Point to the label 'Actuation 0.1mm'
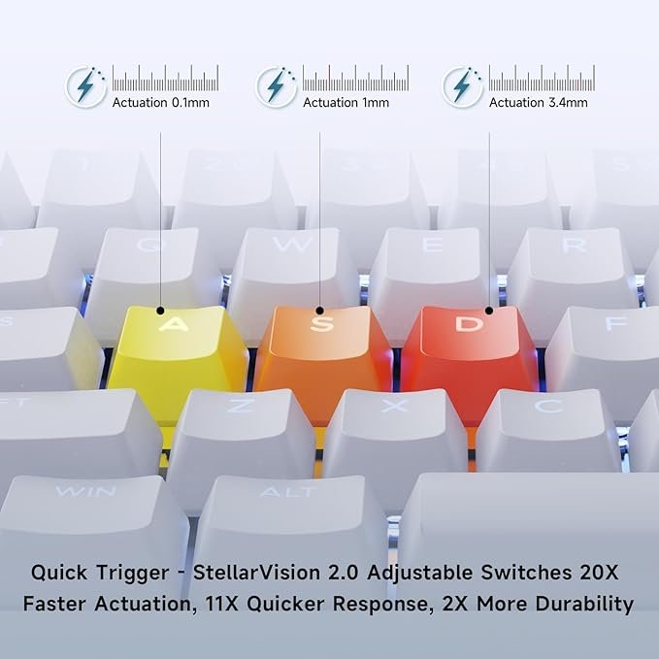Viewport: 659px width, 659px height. (160, 103)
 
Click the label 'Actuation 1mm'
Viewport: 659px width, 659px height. (346, 103)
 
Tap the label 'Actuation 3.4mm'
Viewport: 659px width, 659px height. (539, 103)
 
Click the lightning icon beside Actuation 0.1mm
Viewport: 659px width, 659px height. (86, 86)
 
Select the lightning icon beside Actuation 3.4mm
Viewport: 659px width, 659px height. (462, 86)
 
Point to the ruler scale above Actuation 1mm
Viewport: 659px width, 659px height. (355, 78)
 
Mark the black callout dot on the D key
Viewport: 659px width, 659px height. (489, 311)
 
